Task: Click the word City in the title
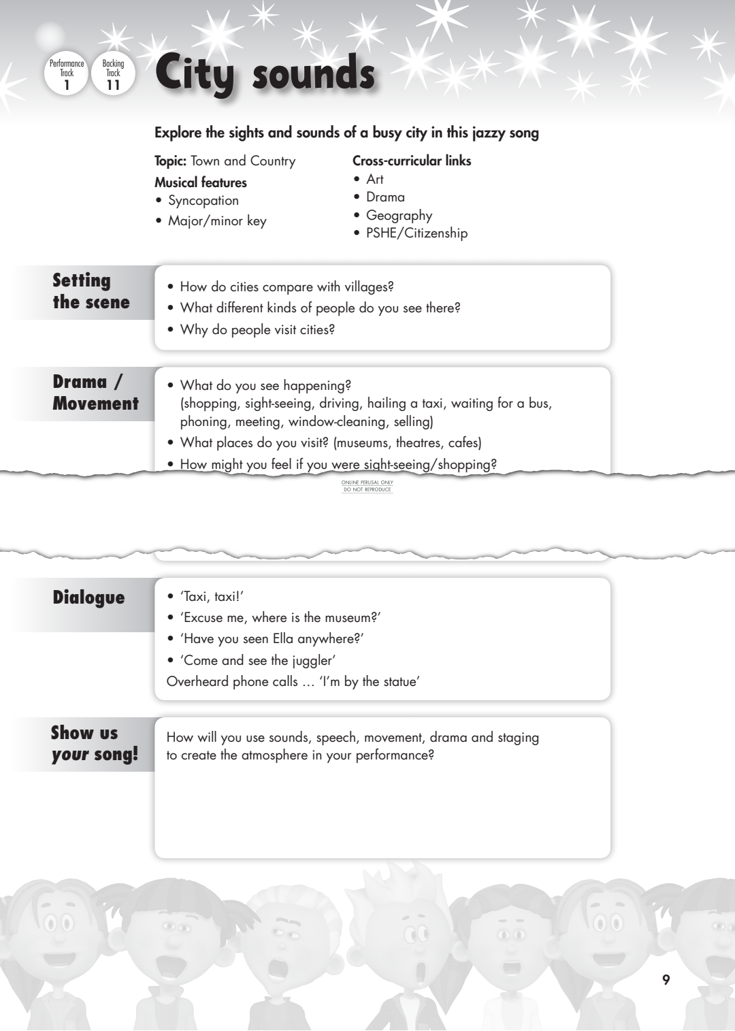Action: coord(194,73)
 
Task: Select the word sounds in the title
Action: coord(313,73)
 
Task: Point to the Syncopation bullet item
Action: coord(203,201)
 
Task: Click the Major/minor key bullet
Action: coord(217,221)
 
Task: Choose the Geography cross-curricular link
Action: coord(399,216)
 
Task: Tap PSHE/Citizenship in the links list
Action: coord(416,233)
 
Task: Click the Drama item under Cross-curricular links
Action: coord(385,197)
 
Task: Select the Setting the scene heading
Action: coord(91,291)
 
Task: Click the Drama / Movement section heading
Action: coord(95,393)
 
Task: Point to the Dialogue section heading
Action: coord(88,598)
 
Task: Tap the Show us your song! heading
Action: coord(94,744)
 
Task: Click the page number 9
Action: coord(666,980)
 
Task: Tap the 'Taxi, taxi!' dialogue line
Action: coord(212,597)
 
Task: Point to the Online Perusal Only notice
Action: coord(367,486)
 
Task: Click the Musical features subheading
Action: coord(201,182)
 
